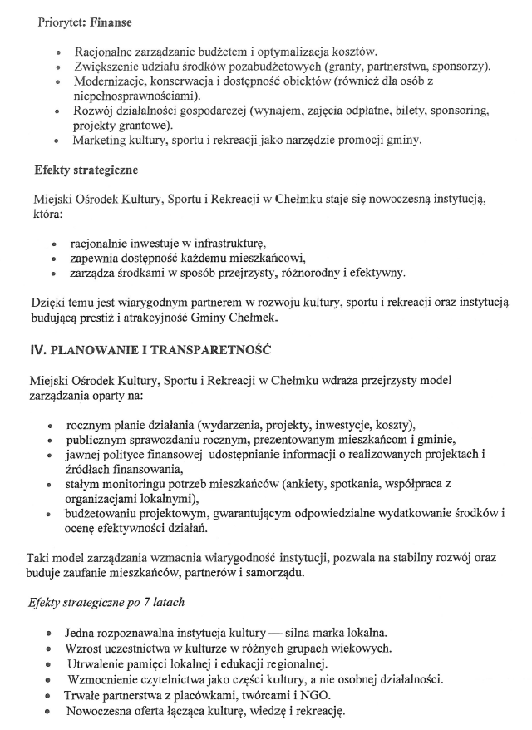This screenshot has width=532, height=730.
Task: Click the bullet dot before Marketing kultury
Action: (57, 141)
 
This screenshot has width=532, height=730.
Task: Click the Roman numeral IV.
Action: (37, 351)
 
